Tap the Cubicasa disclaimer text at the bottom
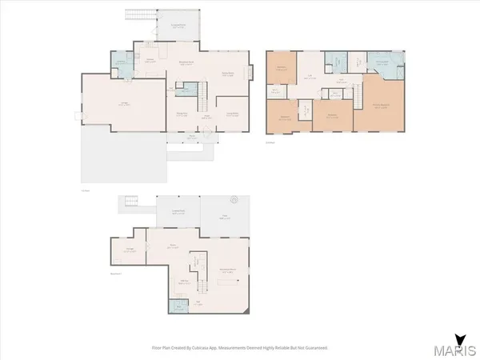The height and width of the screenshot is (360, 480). [x=240, y=348]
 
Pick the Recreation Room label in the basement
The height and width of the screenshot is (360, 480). [x=233, y=270]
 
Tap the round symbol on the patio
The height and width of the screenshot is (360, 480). [x=234, y=198]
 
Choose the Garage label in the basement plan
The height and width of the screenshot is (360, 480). [x=130, y=250]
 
